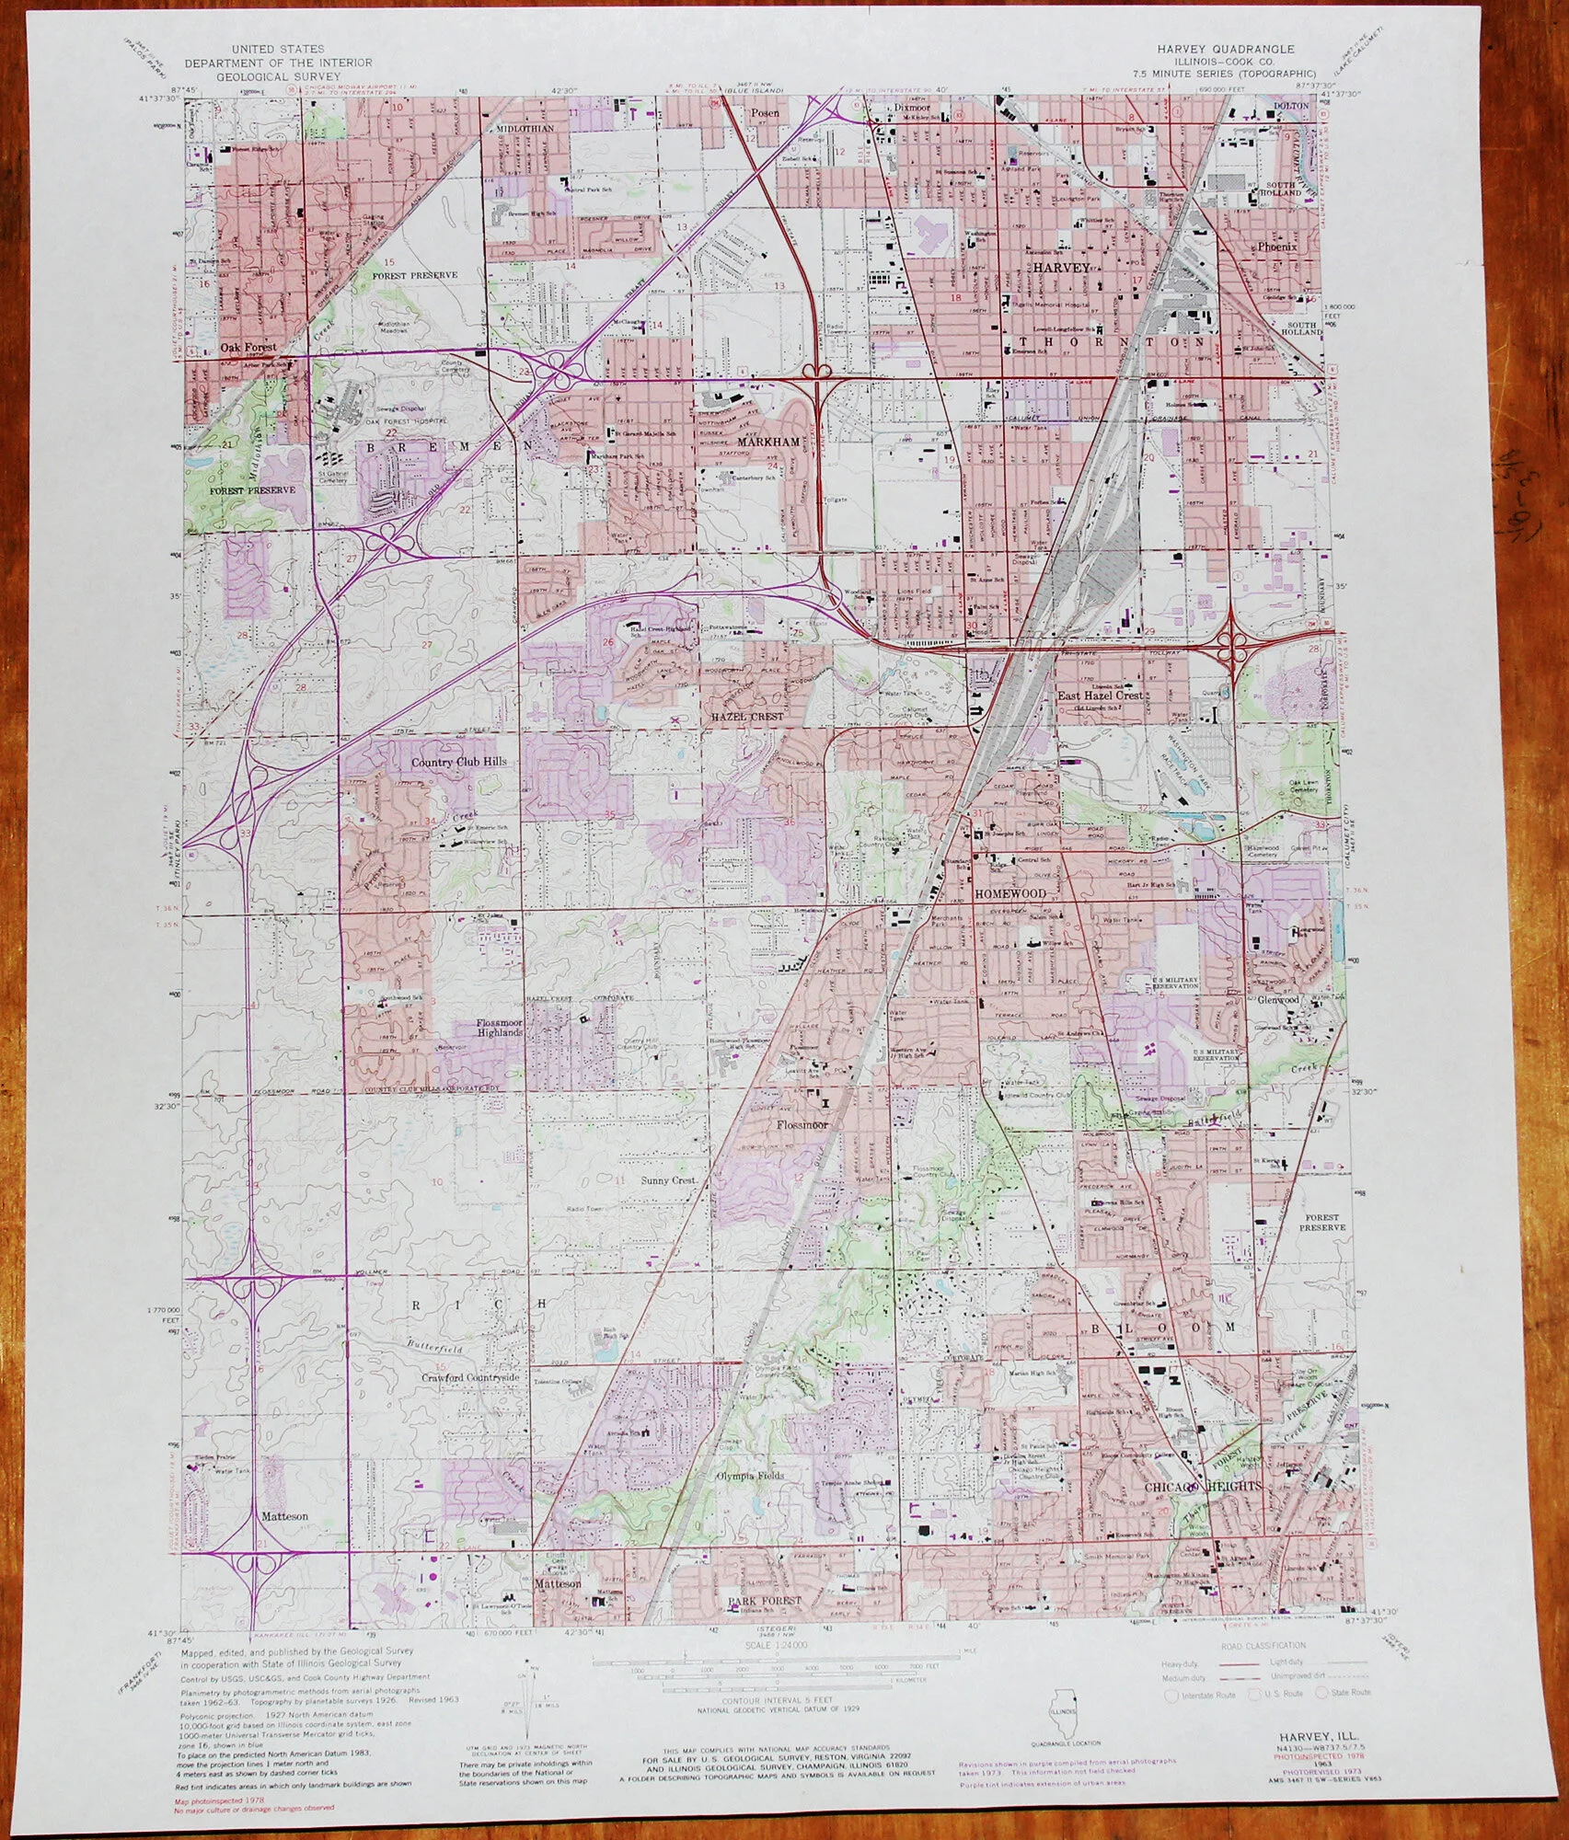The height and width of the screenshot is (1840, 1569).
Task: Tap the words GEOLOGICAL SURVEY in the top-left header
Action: click(278, 76)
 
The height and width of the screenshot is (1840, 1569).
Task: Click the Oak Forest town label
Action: click(248, 348)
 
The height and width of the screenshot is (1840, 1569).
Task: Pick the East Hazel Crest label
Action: click(1100, 696)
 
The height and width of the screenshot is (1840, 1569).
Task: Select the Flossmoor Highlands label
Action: click(500, 1028)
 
